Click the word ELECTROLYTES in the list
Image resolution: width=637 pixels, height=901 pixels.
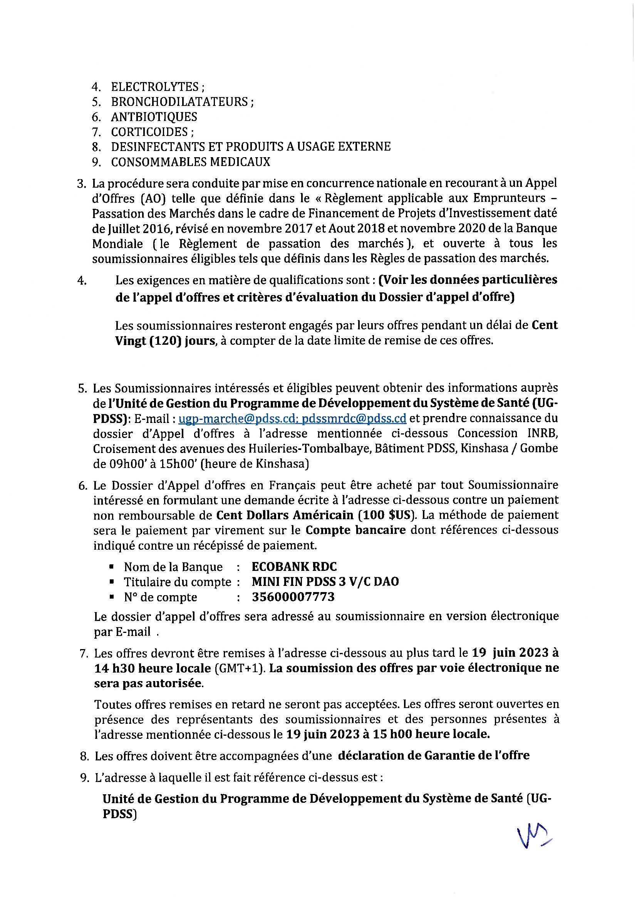tap(155, 87)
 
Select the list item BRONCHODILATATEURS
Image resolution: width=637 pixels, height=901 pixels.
tap(179, 102)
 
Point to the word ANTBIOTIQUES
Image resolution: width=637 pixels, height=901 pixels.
tap(154, 117)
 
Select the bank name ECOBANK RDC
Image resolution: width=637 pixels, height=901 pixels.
tap(294, 567)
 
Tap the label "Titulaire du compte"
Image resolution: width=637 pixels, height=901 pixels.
tap(178, 582)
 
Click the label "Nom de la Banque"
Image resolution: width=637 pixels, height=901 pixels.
tap(173, 567)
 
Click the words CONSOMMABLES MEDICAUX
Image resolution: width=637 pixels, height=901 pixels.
tap(191, 162)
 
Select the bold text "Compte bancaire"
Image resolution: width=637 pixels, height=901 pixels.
tap(356, 530)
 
